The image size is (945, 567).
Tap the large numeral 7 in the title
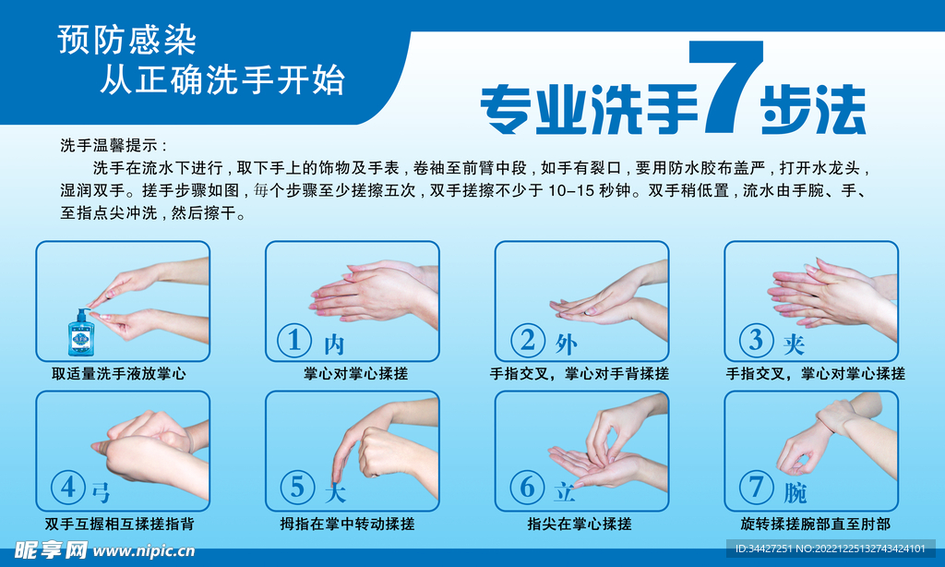point(725,86)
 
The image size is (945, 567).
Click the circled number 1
point(294,340)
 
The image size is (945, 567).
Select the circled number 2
point(528,340)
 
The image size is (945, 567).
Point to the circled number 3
point(757,340)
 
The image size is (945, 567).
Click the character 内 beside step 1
point(334,344)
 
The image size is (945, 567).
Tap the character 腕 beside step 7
point(795,493)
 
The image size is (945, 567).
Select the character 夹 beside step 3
point(794,344)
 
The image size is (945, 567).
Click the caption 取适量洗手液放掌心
point(119,374)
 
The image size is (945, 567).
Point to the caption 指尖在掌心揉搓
point(580,524)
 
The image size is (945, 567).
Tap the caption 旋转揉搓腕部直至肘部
point(816,524)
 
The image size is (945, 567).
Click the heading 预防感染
point(127,41)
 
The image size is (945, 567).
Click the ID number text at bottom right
point(830,549)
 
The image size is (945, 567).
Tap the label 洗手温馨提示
point(114,145)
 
